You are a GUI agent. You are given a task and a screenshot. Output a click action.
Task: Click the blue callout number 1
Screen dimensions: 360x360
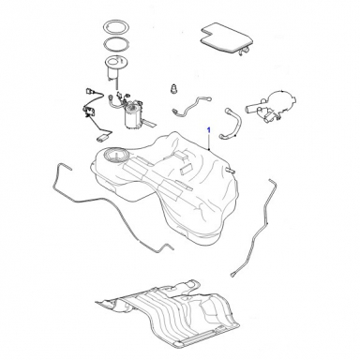click(209, 129)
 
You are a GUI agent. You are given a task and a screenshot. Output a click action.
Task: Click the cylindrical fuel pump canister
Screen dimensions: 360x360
click(133, 116)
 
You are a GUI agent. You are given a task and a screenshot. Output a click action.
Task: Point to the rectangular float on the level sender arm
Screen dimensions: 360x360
click(103, 138)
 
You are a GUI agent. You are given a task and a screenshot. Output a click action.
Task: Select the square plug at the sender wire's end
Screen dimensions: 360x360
click(88, 92)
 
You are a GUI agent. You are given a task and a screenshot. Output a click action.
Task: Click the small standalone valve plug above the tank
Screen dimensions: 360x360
click(173, 88)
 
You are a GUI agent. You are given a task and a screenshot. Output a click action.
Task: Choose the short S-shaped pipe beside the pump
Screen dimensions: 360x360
click(191, 106)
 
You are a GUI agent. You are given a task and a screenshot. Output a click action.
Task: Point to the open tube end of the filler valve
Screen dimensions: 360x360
click(247, 110)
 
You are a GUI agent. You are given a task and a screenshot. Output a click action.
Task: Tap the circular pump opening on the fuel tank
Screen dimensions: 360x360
click(115, 155)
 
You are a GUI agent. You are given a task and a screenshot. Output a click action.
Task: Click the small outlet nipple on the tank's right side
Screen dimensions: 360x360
click(230, 170)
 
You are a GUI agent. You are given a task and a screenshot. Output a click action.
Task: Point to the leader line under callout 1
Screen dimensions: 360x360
click(209, 142)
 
